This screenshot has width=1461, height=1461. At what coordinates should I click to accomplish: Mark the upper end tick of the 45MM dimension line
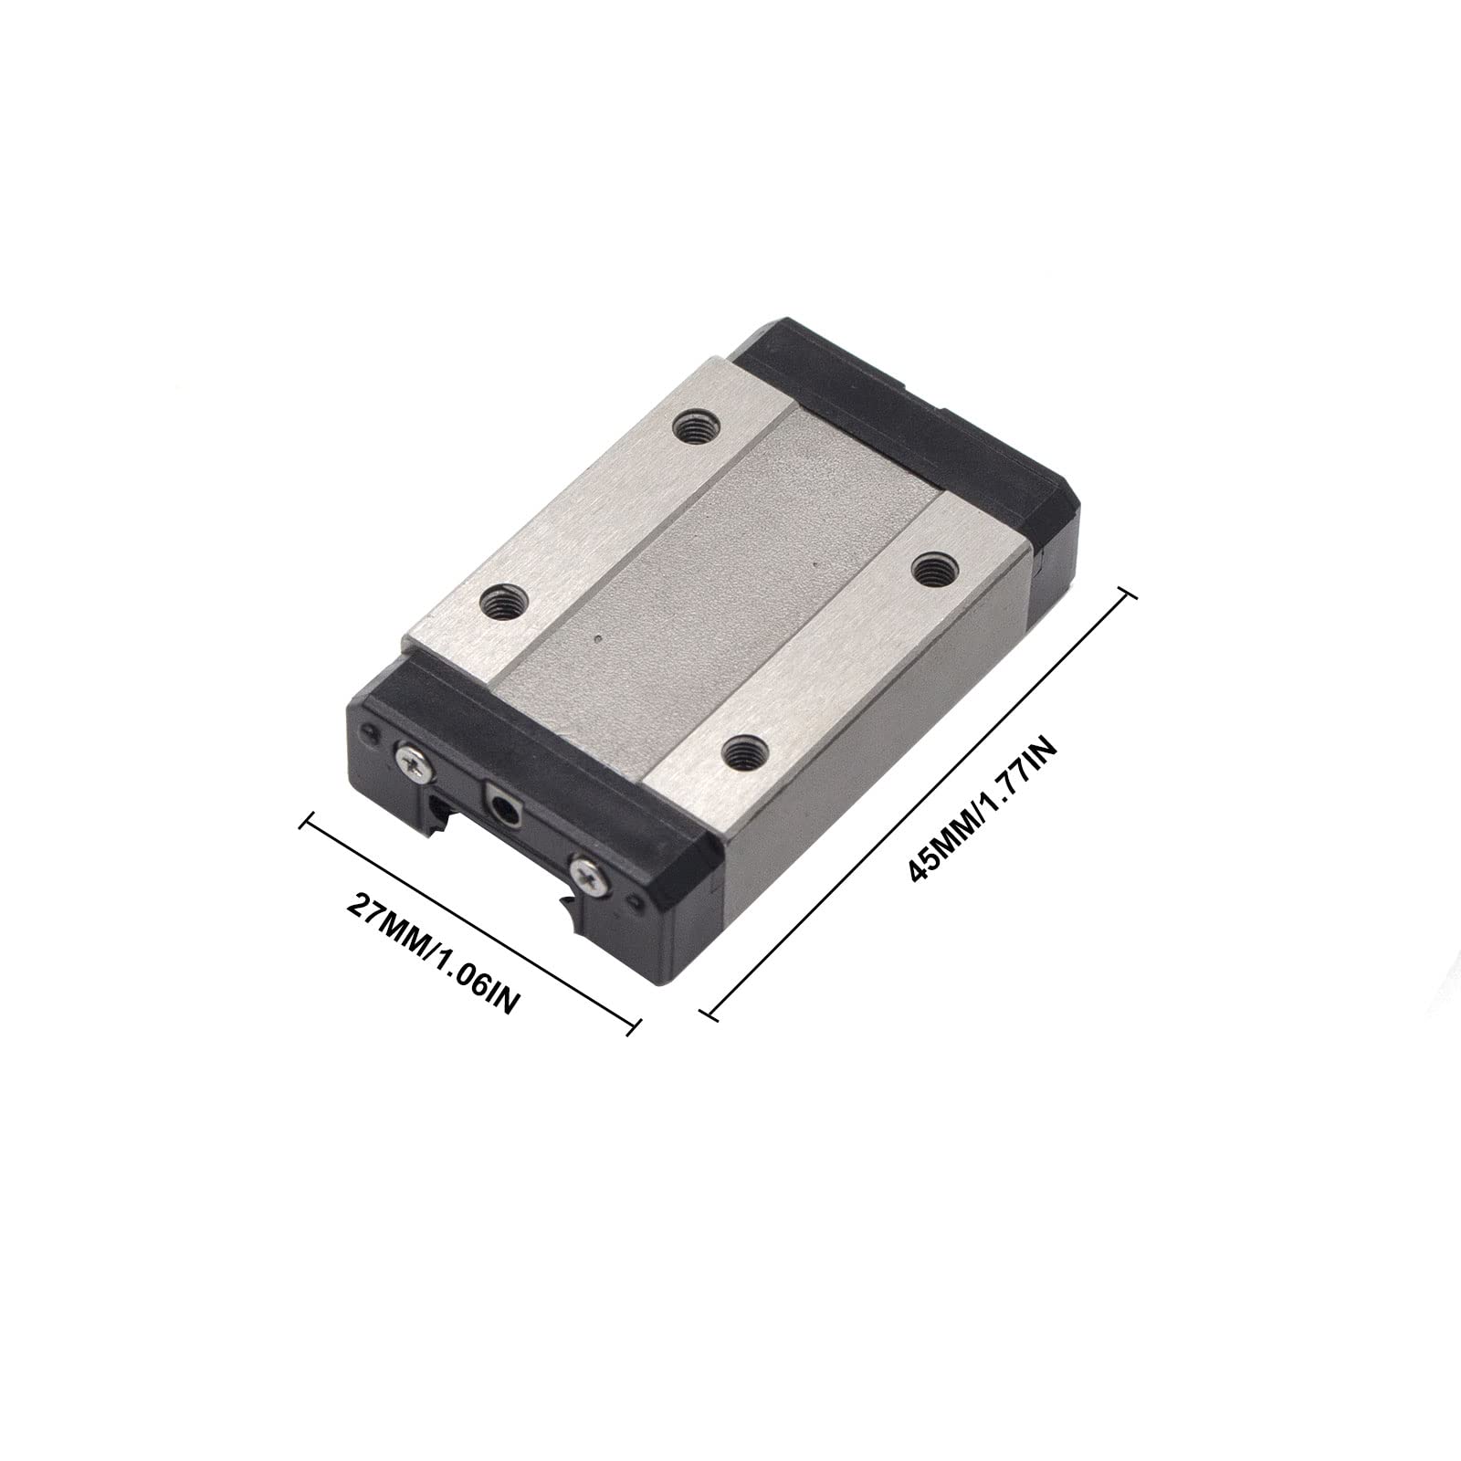coord(1128,594)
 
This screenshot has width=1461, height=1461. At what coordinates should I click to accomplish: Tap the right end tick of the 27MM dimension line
coord(632,1027)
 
